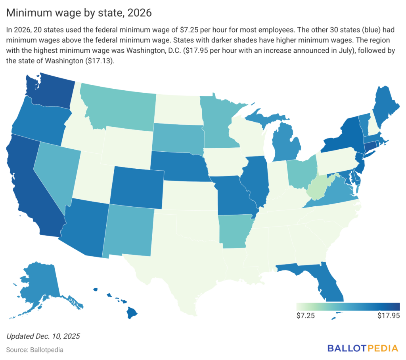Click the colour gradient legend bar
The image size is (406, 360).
[348, 307]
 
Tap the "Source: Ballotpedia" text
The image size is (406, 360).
[35, 350]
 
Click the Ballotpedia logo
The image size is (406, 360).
[362, 349]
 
